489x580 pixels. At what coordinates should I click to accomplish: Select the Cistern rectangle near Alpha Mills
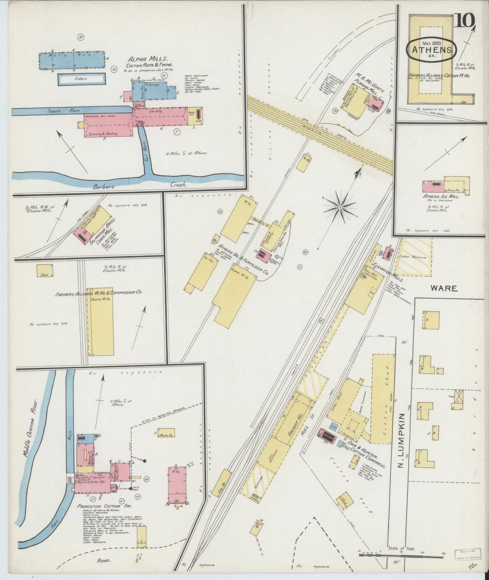point(82,79)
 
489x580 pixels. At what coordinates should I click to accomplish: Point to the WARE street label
point(444,288)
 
